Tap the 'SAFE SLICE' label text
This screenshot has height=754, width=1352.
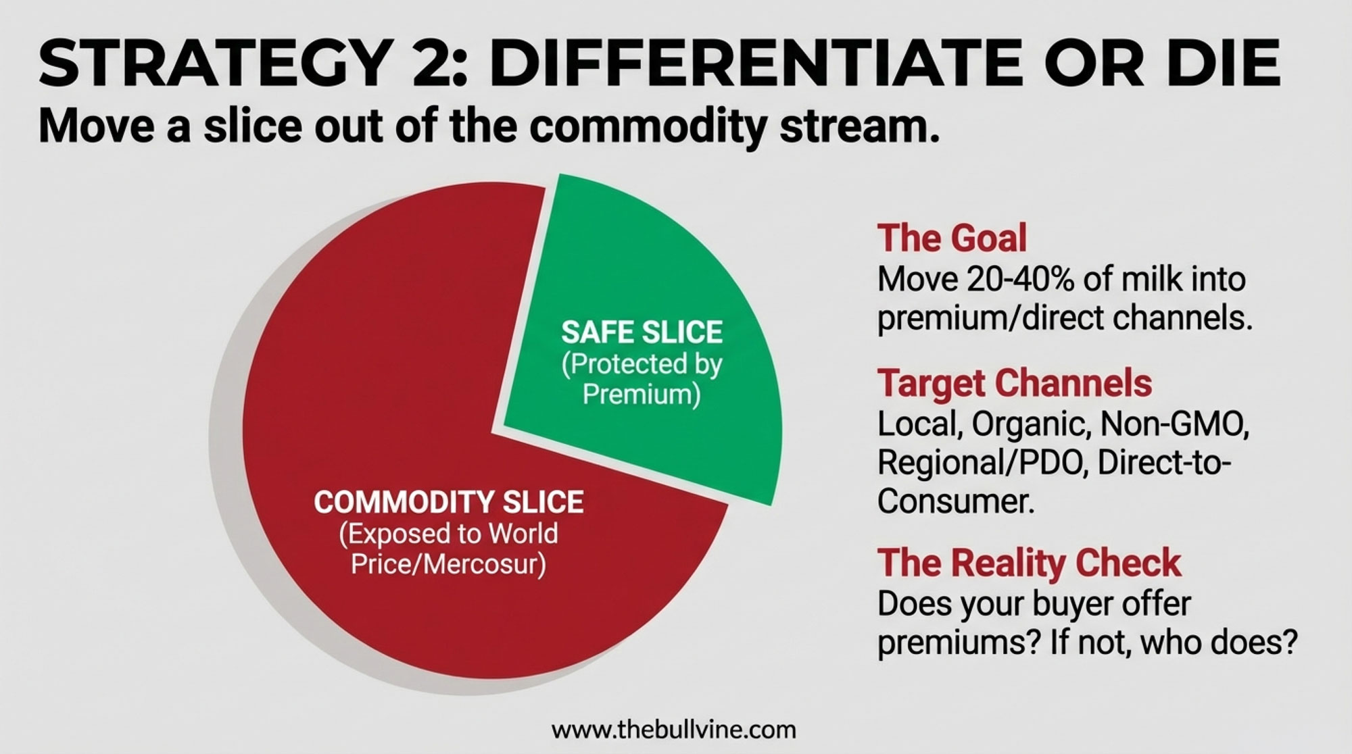(x=642, y=332)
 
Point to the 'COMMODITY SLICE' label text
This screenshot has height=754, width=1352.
(x=449, y=502)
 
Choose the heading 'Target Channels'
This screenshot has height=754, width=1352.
(x=1014, y=383)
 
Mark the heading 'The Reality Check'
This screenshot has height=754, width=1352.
(x=1029, y=562)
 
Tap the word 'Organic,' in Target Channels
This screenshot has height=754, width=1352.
(x=1023, y=425)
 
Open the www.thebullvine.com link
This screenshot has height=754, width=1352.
(x=674, y=730)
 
